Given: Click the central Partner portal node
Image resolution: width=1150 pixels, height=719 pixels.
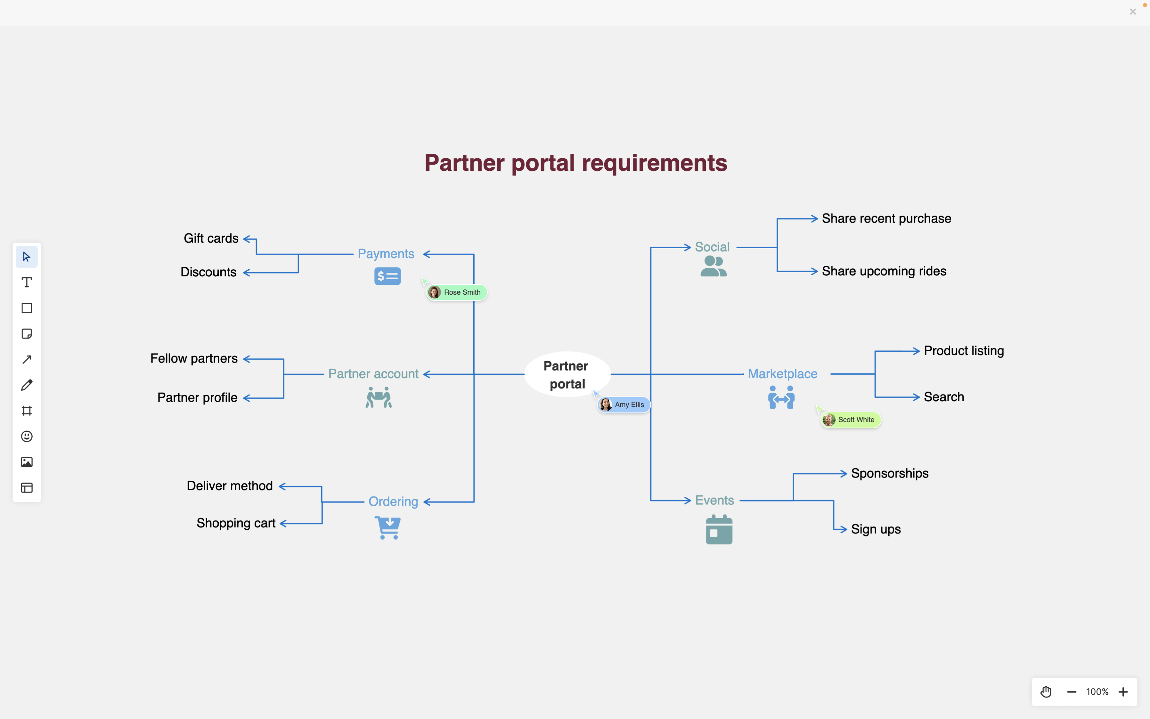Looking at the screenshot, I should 567,374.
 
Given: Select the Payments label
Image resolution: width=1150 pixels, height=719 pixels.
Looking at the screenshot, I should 386,254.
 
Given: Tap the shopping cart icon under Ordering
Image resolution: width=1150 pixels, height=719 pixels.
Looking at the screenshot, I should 388,527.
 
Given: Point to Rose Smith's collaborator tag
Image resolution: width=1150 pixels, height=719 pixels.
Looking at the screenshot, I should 456,292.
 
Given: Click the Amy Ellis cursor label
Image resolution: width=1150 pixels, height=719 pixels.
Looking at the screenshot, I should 624,405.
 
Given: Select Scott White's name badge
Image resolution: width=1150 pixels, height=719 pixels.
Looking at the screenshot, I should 851,420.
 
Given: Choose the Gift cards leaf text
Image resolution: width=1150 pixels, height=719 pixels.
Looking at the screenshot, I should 211,238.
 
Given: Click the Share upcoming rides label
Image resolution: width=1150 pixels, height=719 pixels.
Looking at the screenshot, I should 884,271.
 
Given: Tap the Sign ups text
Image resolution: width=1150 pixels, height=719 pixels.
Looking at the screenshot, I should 876,529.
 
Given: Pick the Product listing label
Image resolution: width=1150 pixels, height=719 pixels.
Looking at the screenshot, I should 964,351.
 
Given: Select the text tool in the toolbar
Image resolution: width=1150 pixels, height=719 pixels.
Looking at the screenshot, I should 27,282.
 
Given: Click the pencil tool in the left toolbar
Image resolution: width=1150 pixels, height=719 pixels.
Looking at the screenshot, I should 27,385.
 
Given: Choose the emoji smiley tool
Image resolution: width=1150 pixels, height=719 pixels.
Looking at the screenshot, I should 27,437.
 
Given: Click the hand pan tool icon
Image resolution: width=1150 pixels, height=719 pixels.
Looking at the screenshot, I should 1046,692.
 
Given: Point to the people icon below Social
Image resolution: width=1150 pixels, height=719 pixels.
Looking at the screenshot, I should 713,266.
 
